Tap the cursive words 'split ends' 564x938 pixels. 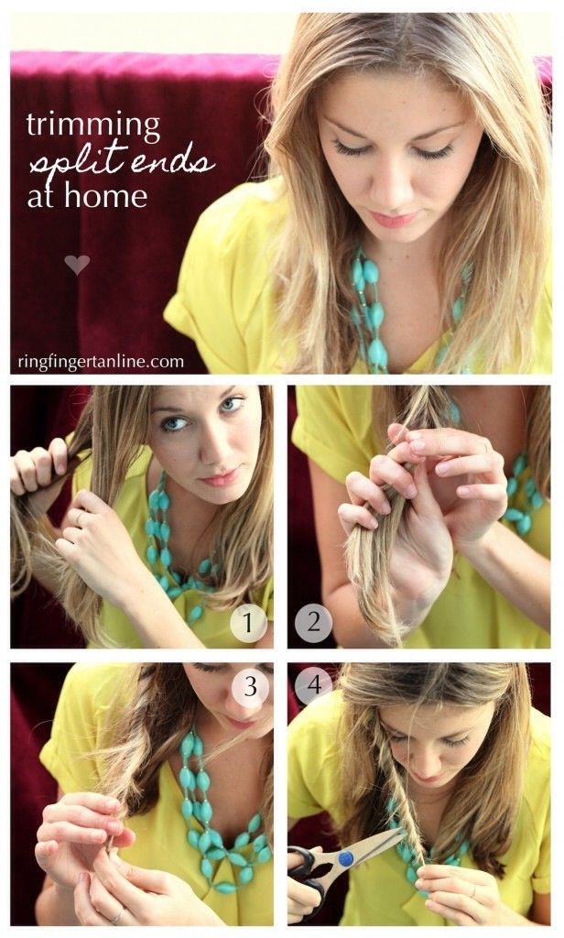pyautogui.click(x=122, y=160)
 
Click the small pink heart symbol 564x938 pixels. pyautogui.click(x=77, y=264)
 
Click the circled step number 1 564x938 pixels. pyautogui.click(x=248, y=624)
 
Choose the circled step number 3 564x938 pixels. pyautogui.click(x=250, y=687)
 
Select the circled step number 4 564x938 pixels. pyautogui.click(x=313, y=685)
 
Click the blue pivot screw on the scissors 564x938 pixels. pyautogui.click(x=346, y=859)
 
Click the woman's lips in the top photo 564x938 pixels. pyautogui.click(x=393, y=220)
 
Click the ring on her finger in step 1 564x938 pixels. pyautogui.click(x=79, y=517)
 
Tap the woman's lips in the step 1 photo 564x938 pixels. pyautogui.click(x=219, y=478)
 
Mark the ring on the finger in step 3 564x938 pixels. pyautogui.click(x=117, y=915)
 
